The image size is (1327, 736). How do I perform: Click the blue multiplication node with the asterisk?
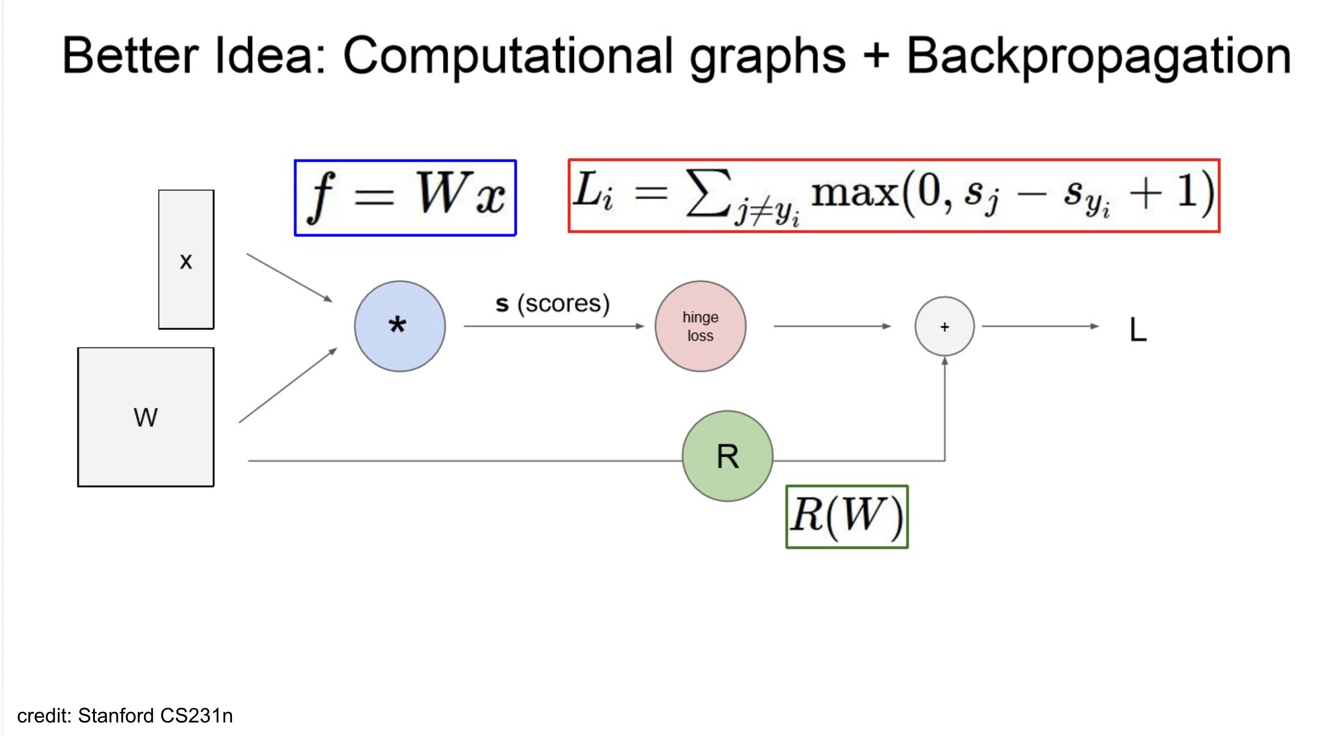(x=400, y=326)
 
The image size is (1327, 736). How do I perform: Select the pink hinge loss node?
(x=700, y=326)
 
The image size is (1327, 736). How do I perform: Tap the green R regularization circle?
(x=727, y=456)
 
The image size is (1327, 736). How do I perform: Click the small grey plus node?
(x=944, y=326)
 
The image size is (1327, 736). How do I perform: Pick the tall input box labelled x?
(x=186, y=259)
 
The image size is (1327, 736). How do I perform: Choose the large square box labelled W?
(x=146, y=417)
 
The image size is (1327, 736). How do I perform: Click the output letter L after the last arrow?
(x=1137, y=330)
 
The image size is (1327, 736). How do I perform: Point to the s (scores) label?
(x=552, y=304)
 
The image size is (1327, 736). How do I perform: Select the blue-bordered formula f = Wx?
(x=405, y=198)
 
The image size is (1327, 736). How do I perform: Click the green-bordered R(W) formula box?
(x=847, y=517)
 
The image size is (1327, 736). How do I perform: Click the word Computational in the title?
(x=508, y=57)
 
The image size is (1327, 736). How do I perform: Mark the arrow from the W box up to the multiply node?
(x=287, y=385)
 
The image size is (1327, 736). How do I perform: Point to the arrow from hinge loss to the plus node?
(x=832, y=326)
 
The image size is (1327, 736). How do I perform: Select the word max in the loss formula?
(x=855, y=194)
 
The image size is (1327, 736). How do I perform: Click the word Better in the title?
(x=130, y=57)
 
